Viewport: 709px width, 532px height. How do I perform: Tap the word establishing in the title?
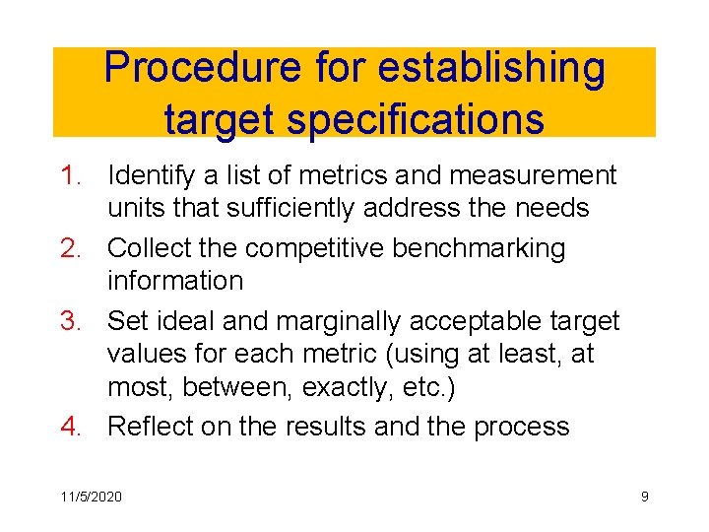coord(491,69)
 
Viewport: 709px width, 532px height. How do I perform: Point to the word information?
coord(175,281)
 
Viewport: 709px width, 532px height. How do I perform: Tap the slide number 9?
coord(644,497)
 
